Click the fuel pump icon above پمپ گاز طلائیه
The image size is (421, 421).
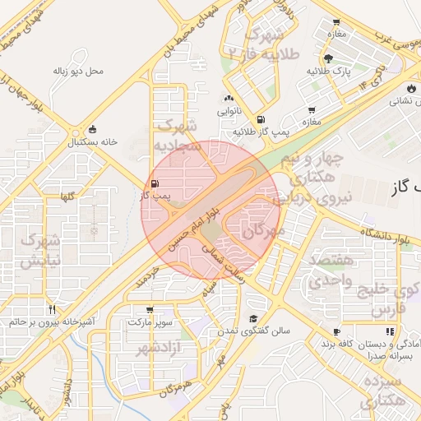261,119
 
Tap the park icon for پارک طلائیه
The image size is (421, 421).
328,58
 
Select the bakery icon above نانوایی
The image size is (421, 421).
229,99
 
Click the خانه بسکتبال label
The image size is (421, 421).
92,141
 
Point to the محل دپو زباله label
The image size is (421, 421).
79,72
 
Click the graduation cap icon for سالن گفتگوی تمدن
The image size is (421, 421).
253,318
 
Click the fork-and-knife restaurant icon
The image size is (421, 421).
53,309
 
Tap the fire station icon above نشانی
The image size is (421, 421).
410,88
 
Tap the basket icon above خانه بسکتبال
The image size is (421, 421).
92,129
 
